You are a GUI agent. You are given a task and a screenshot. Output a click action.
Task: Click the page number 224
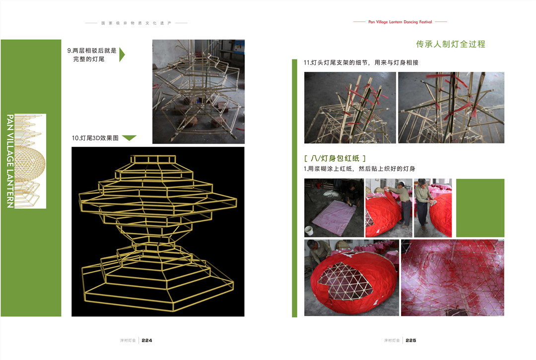point(147,341)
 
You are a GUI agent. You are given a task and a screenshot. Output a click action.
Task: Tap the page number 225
point(411,341)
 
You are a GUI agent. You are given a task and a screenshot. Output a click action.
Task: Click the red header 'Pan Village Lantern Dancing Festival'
point(400,22)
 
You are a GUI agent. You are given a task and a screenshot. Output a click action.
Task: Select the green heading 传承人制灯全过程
point(451,44)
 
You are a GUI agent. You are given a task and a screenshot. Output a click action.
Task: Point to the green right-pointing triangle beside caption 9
point(122,55)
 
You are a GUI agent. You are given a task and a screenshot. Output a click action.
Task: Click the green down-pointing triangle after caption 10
point(129,138)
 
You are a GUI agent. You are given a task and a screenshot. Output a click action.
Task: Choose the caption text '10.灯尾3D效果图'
point(95,138)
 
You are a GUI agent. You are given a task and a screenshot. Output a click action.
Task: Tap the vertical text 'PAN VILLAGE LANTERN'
point(10,161)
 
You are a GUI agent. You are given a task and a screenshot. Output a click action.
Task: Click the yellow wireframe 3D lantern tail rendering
point(158,232)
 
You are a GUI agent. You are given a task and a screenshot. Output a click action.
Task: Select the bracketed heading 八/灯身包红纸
point(335,158)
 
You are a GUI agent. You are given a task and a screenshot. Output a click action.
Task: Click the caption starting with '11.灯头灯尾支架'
point(361,63)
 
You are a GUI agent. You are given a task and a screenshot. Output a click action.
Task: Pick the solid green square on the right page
point(480,208)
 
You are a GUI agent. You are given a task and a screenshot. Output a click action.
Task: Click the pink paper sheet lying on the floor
point(334,217)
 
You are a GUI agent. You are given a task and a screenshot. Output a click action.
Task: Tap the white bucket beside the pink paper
point(309,230)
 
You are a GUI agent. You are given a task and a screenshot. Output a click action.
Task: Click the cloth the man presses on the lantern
point(433,203)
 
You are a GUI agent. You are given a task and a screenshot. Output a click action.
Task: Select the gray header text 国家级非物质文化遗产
point(136,23)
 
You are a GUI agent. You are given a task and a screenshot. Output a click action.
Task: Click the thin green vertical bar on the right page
point(295,188)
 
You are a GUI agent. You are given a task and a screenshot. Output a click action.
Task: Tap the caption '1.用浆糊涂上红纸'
point(360,169)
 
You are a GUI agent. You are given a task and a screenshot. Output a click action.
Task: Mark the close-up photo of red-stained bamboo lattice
point(453,278)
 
